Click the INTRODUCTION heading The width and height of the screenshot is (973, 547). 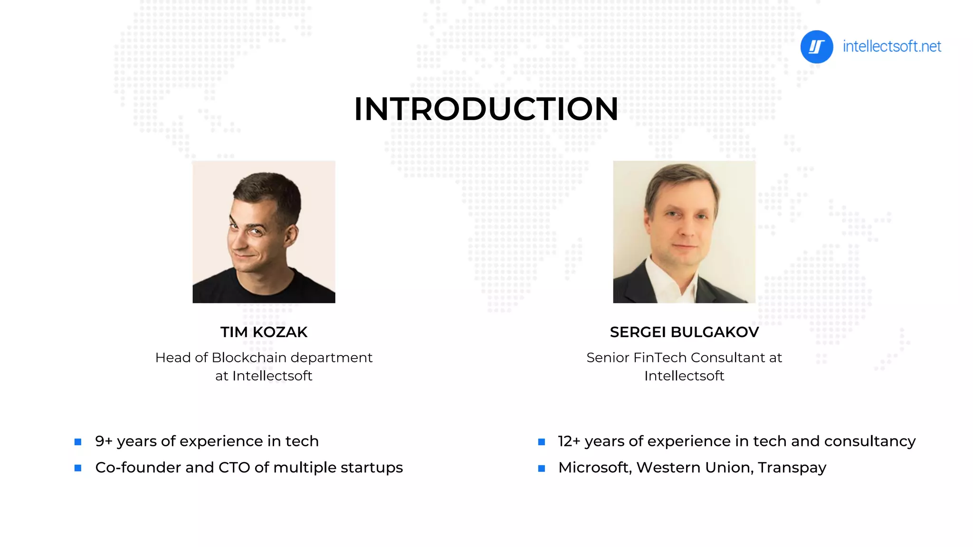point(486,109)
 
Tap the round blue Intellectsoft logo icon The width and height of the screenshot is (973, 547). point(816,47)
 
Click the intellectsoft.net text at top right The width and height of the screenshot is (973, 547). point(892,47)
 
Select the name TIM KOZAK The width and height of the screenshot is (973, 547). point(264,332)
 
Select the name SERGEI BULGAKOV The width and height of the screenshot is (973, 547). point(684,332)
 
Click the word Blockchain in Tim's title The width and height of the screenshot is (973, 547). point(249,358)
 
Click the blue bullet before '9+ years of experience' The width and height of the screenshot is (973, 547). point(78,442)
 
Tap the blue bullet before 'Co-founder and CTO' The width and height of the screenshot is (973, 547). point(78,468)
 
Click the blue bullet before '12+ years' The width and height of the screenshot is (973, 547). point(541,442)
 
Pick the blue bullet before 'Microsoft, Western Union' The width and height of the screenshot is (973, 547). point(541,468)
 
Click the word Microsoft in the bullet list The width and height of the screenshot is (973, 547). point(594,468)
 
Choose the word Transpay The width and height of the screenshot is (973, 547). point(792,468)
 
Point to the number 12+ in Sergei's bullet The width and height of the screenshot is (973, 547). point(569,441)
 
